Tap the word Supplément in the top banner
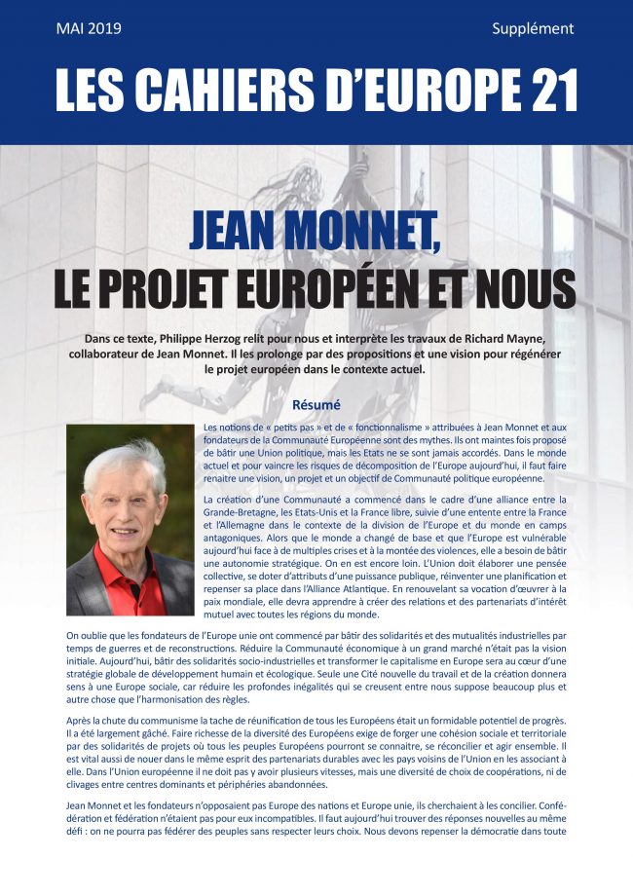pyautogui.click(x=534, y=28)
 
